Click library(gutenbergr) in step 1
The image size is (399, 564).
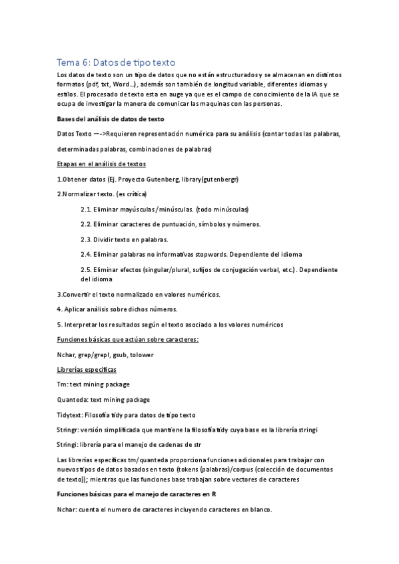click(207, 180)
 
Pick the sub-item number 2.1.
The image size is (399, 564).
click(87, 209)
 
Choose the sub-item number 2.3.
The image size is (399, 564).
click(87, 239)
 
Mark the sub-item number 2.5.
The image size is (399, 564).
click(87, 269)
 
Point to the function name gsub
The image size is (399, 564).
click(120, 354)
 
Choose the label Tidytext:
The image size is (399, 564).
click(71, 415)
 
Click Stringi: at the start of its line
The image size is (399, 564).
click(69, 444)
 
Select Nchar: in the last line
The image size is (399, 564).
click(69, 509)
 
